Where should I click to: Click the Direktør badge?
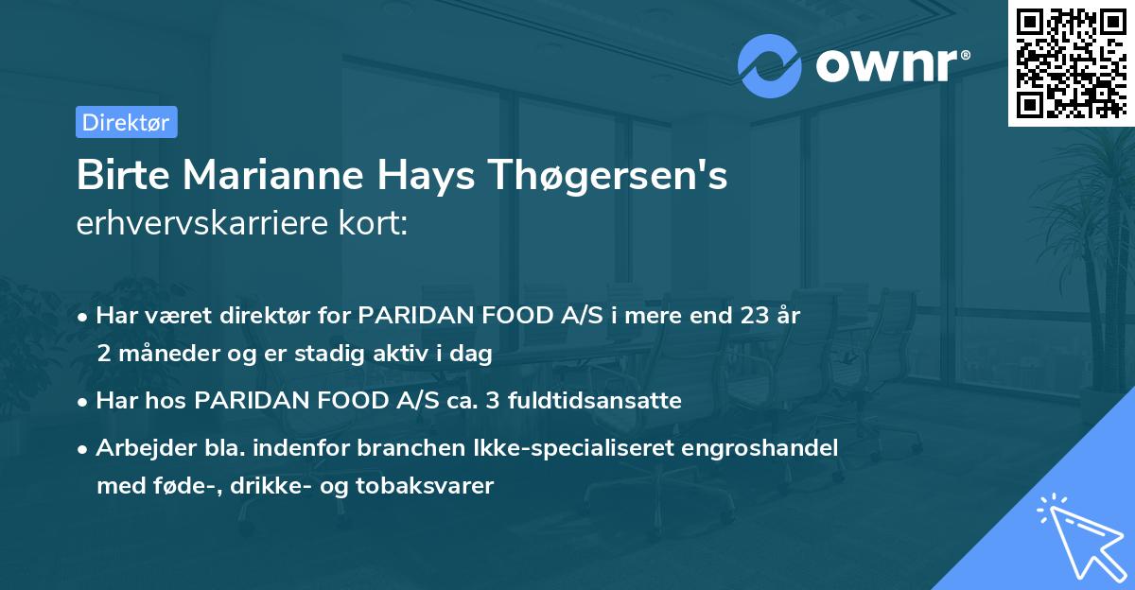point(126,122)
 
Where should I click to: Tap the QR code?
point(1071,62)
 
